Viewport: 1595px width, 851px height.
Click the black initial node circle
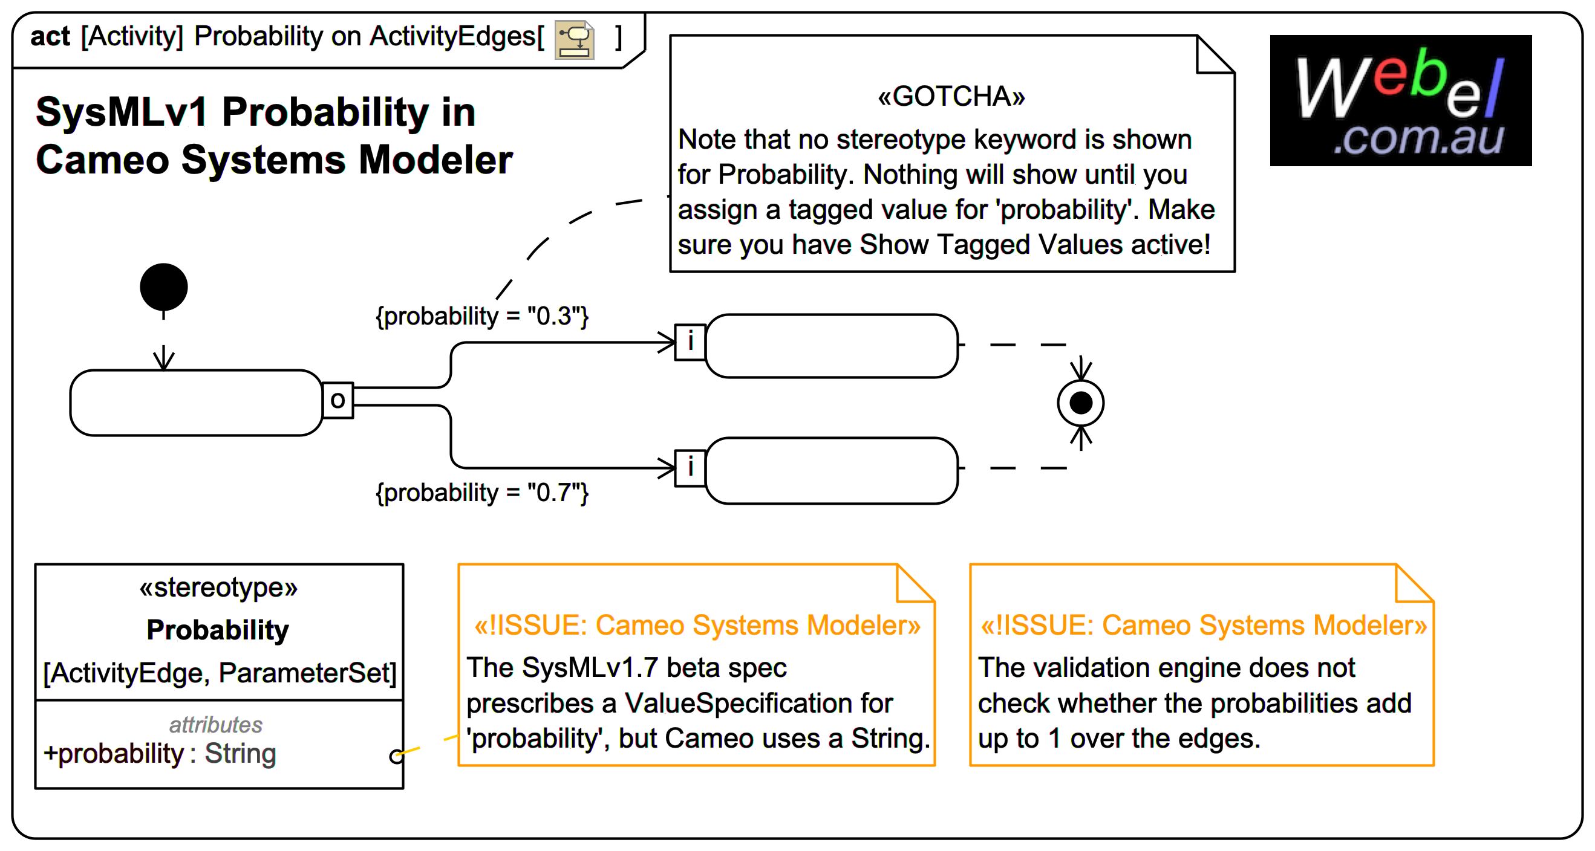[163, 287]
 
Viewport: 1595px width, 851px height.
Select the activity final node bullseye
[1080, 403]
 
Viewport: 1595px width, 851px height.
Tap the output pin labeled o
[338, 401]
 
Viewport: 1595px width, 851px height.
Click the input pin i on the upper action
[690, 341]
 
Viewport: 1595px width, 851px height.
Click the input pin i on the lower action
[690, 467]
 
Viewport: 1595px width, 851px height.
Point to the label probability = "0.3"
[481, 316]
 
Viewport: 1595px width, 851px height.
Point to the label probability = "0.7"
[481, 493]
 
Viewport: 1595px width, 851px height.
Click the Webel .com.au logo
[1400, 100]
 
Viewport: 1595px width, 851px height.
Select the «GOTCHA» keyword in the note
[951, 97]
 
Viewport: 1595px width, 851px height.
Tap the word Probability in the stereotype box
[217, 630]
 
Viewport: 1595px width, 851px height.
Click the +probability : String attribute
[160, 753]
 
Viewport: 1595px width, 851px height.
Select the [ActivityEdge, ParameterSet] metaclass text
[219, 673]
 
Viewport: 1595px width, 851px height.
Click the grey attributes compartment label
[215, 724]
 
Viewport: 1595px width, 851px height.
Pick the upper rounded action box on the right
[831, 345]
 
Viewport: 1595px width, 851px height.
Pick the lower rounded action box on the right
[831, 470]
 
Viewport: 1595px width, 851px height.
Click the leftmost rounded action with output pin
[195, 403]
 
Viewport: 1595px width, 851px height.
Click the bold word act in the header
[50, 36]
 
